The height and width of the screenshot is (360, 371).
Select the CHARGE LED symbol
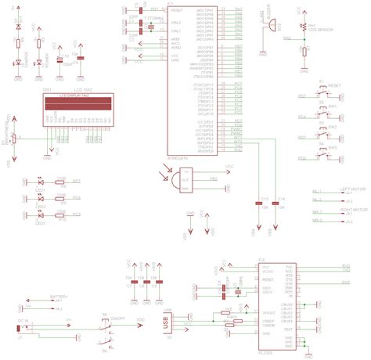[18, 63]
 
